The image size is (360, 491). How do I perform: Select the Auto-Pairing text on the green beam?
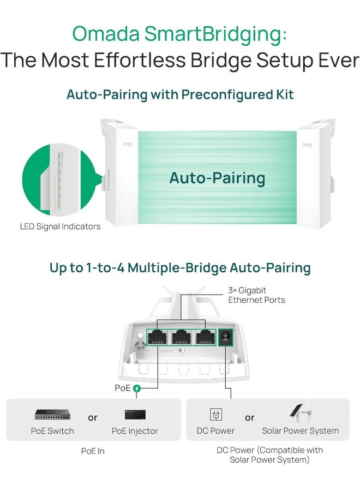click(x=217, y=178)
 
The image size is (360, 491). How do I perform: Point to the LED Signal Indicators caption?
click(x=61, y=226)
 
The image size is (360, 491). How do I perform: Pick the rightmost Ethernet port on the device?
click(x=205, y=338)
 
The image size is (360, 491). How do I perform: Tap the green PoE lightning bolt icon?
click(x=137, y=388)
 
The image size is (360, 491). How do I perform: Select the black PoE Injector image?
click(x=135, y=415)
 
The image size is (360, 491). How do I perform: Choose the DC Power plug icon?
click(x=215, y=415)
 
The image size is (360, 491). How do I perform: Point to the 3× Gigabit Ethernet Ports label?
click(x=256, y=295)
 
